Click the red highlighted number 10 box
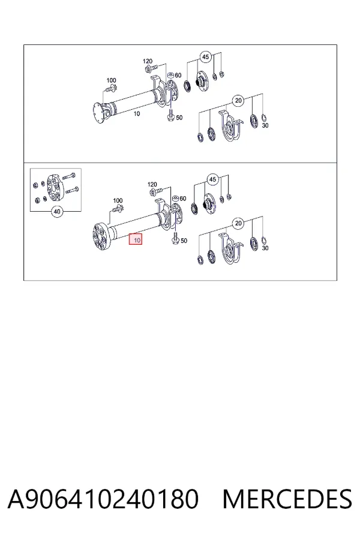tap(136, 239)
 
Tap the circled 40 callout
tap(57, 211)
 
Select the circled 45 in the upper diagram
tap(205, 57)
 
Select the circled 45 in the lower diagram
tap(212, 179)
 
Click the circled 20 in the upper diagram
tap(238, 101)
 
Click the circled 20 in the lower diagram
tap(238, 224)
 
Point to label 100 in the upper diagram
tap(111, 80)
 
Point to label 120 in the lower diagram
tap(152, 185)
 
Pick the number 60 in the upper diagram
tap(178, 76)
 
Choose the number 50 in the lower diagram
tap(184, 241)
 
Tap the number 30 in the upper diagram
tap(265, 126)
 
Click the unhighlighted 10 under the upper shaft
tap(137, 113)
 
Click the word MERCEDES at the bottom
tap(287, 499)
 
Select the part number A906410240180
tap(103, 499)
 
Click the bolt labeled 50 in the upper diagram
tap(170, 116)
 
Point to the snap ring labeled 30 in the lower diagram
tap(263, 241)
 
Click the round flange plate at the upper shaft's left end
tap(99, 113)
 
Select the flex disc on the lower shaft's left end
tap(101, 236)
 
